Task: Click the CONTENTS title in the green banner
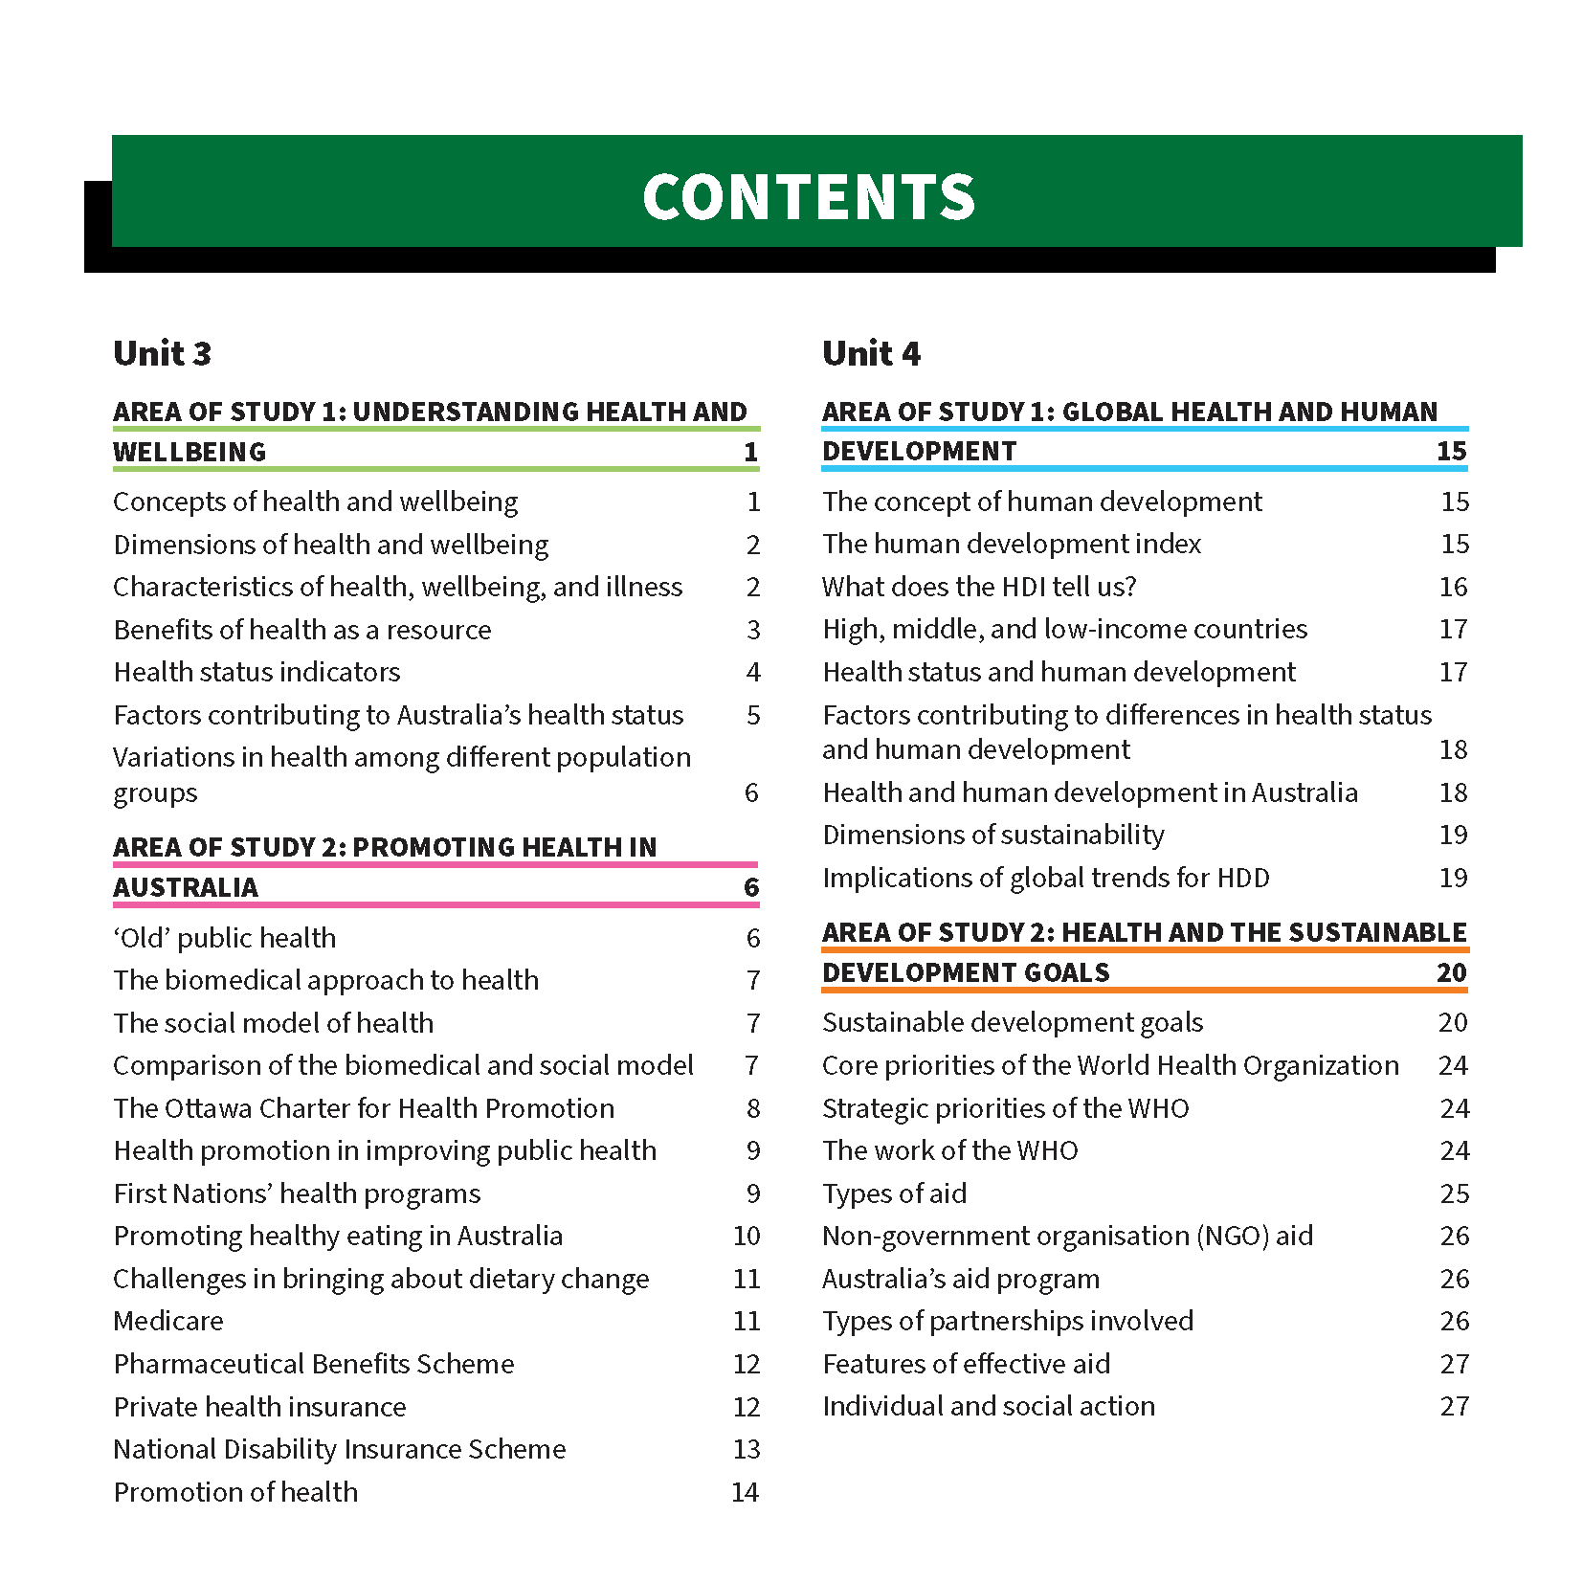tap(809, 196)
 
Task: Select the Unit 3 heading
tap(162, 353)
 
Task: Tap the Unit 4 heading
tap(871, 353)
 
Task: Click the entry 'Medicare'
tap(168, 1321)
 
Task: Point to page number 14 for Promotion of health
tap(745, 1492)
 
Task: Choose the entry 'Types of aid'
tap(894, 1193)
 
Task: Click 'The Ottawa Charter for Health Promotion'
tap(364, 1108)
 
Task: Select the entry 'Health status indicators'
tap(256, 672)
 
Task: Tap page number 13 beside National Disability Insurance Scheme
tap(747, 1449)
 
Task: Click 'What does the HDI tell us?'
tap(979, 587)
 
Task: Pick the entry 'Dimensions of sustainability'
tap(993, 835)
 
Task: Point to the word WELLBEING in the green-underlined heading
tap(190, 452)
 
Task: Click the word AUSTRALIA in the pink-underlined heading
tap(186, 887)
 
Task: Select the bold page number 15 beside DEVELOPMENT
tap(1451, 451)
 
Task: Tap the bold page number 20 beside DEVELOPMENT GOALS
tap(1451, 972)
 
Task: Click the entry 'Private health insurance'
tap(259, 1407)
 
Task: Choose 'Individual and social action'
tap(989, 1406)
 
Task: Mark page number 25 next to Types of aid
tap(1454, 1193)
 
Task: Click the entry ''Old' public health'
tap(225, 938)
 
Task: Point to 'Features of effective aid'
tap(967, 1364)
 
